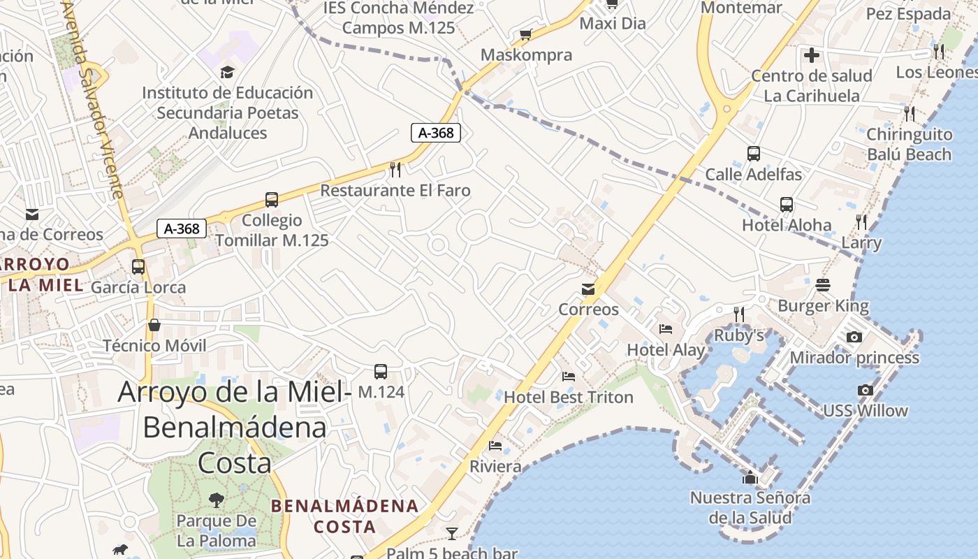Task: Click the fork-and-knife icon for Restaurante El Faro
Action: [x=395, y=169]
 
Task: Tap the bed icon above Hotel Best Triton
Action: [x=569, y=377]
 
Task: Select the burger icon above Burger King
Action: [x=823, y=285]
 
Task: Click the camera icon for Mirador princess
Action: [x=854, y=337]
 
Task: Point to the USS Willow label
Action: [x=866, y=410]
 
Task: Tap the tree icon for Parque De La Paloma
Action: [x=217, y=500]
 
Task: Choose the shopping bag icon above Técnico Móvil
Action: [x=154, y=325]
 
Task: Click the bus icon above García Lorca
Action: [x=138, y=266]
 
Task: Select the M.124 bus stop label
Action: [x=381, y=392]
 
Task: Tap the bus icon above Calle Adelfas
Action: [x=753, y=154]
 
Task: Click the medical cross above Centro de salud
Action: [x=811, y=55]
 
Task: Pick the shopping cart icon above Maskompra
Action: [x=526, y=34]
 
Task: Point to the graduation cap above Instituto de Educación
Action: [x=227, y=72]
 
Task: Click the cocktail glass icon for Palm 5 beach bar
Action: [x=452, y=534]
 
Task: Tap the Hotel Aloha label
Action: [x=787, y=225]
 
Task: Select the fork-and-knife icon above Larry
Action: [x=861, y=222]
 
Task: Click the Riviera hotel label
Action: [x=495, y=466]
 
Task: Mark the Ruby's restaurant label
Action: [x=739, y=335]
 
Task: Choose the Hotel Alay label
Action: [x=666, y=349]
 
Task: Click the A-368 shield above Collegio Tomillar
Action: [x=182, y=228]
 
